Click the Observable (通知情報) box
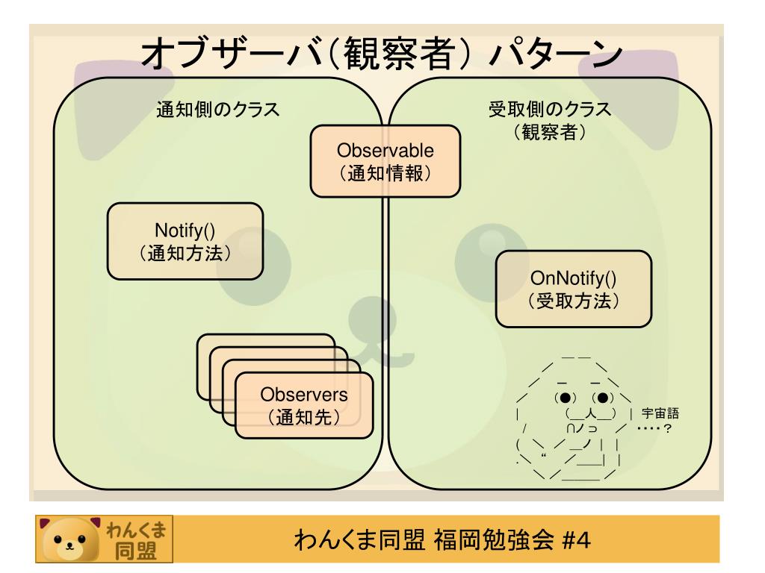(385, 160)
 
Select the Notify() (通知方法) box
(185, 239)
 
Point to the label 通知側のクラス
(217, 109)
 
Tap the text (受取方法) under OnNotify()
(573, 301)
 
